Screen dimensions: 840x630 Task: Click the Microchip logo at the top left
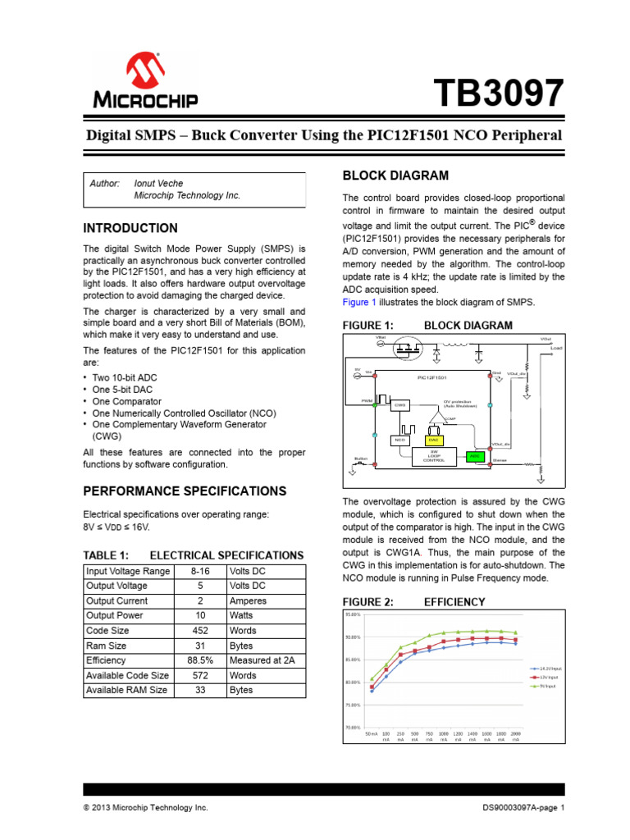pyautogui.click(x=144, y=81)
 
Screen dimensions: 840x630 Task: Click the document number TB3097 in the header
pyautogui.click(x=496, y=93)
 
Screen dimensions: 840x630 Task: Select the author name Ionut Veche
pyautogui.click(x=160, y=183)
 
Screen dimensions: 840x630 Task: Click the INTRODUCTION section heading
pyautogui.click(x=130, y=228)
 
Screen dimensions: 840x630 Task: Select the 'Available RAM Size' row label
pyautogui.click(x=126, y=690)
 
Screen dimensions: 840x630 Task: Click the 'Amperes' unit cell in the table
pyautogui.click(x=248, y=601)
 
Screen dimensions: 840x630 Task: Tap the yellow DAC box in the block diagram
pyautogui.click(x=435, y=440)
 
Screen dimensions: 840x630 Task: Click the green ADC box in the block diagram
pyautogui.click(x=474, y=455)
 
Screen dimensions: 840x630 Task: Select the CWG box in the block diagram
pyautogui.click(x=400, y=404)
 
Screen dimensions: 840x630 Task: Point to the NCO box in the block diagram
pyautogui.click(x=400, y=441)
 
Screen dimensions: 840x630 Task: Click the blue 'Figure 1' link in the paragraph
pyautogui.click(x=358, y=302)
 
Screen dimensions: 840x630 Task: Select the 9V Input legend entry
pyautogui.click(x=548, y=687)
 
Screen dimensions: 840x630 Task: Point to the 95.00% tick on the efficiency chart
pyautogui.click(x=354, y=614)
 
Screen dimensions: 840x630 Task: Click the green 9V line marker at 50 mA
pyautogui.click(x=372, y=679)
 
